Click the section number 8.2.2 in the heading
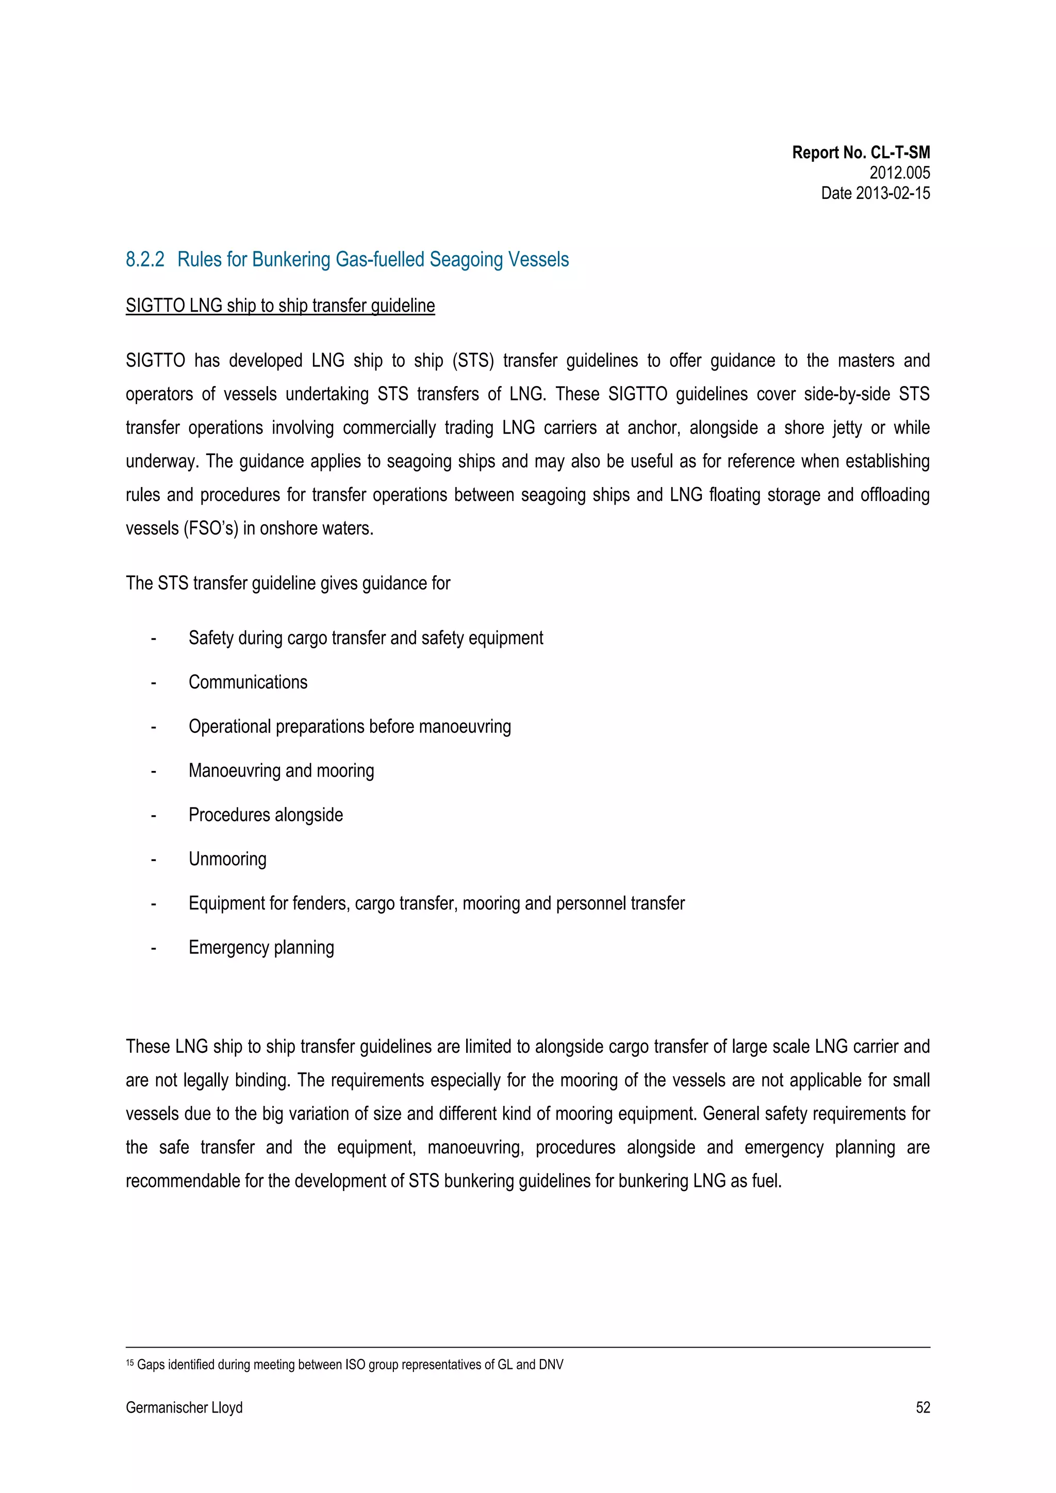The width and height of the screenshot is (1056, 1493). point(144,259)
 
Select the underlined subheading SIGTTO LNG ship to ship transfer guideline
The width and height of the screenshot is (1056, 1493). point(280,306)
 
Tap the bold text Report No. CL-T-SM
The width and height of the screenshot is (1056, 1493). point(860,153)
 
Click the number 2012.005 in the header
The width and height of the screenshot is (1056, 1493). point(899,173)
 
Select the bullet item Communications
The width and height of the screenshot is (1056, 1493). point(248,682)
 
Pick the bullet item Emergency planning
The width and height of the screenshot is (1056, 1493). point(261,947)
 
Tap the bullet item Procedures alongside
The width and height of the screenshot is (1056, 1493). point(266,815)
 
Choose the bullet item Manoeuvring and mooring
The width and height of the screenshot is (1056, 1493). point(281,770)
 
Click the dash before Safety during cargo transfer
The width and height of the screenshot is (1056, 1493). point(154,639)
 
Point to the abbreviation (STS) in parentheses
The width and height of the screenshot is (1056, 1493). point(472,361)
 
